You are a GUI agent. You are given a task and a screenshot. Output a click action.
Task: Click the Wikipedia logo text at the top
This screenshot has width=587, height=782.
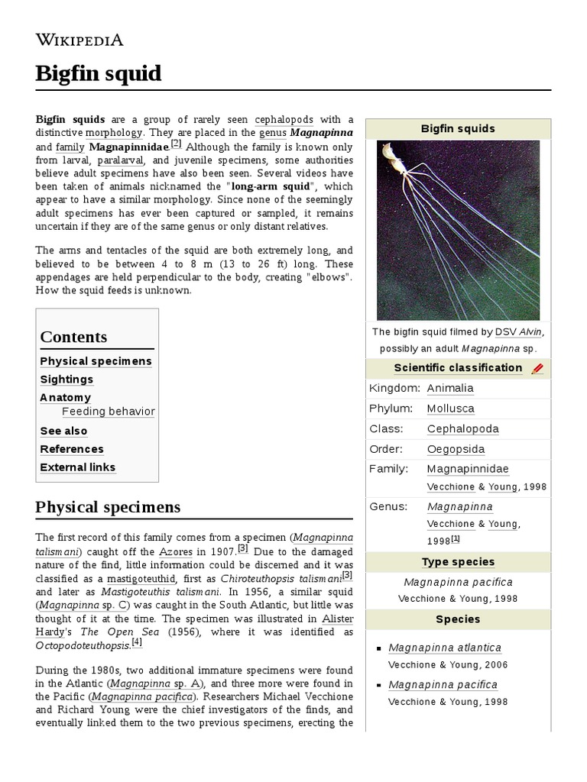pyautogui.click(x=79, y=40)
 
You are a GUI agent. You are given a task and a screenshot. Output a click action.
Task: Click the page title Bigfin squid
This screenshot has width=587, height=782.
pyautogui.click(x=99, y=74)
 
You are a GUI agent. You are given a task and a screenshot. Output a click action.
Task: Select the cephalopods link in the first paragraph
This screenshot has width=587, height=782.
pyautogui.click(x=284, y=120)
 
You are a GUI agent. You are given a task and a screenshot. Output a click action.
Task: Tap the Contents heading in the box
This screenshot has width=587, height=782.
pyautogui.click(x=73, y=337)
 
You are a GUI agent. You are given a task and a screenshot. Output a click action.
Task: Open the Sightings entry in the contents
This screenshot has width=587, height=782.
pyautogui.click(x=66, y=380)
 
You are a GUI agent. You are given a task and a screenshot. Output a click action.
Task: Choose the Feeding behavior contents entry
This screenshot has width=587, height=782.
pyautogui.click(x=108, y=412)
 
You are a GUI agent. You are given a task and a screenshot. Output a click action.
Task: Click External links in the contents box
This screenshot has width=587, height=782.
pyautogui.click(x=77, y=467)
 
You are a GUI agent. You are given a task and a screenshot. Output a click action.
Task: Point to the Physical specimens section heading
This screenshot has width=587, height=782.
pyautogui.click(x=108, y=507)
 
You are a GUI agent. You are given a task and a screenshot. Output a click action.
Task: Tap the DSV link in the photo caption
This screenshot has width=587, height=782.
pyautogui.click(x=505, y=332)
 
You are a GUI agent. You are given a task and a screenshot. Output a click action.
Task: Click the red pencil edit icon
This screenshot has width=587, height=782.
pyautogui.click(x=537, y=369)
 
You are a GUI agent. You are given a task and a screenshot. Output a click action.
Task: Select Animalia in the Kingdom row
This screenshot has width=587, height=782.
pyautogui.click(x=449, y=389)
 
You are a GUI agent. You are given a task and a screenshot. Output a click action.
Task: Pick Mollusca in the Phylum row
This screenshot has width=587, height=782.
pyautogui.click(x=450, y=409)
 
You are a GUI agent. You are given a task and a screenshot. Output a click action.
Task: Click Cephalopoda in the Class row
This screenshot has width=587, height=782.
pyautogui.click(x=462, y=429)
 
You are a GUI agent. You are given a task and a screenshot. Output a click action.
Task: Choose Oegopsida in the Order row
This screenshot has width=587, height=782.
pyautogui.click(x=456, y=450)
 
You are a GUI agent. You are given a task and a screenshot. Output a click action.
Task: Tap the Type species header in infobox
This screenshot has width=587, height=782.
pyautogui.click(x=458, y=562)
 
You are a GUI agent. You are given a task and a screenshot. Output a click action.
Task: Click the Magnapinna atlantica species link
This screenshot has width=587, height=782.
pyautogui.click(x=444, y=648)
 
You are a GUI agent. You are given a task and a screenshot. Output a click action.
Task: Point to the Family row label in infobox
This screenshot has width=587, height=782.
pyautogui.click(x=388, y=469)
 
